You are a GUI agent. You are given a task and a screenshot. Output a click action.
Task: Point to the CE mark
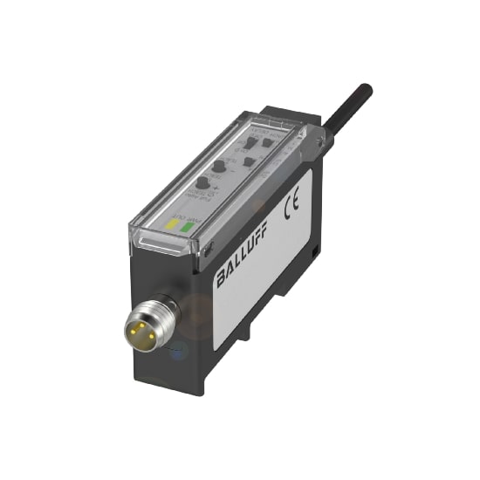[x=292, y=209]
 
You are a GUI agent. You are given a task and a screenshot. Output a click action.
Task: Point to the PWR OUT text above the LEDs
[x=181, y=212]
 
